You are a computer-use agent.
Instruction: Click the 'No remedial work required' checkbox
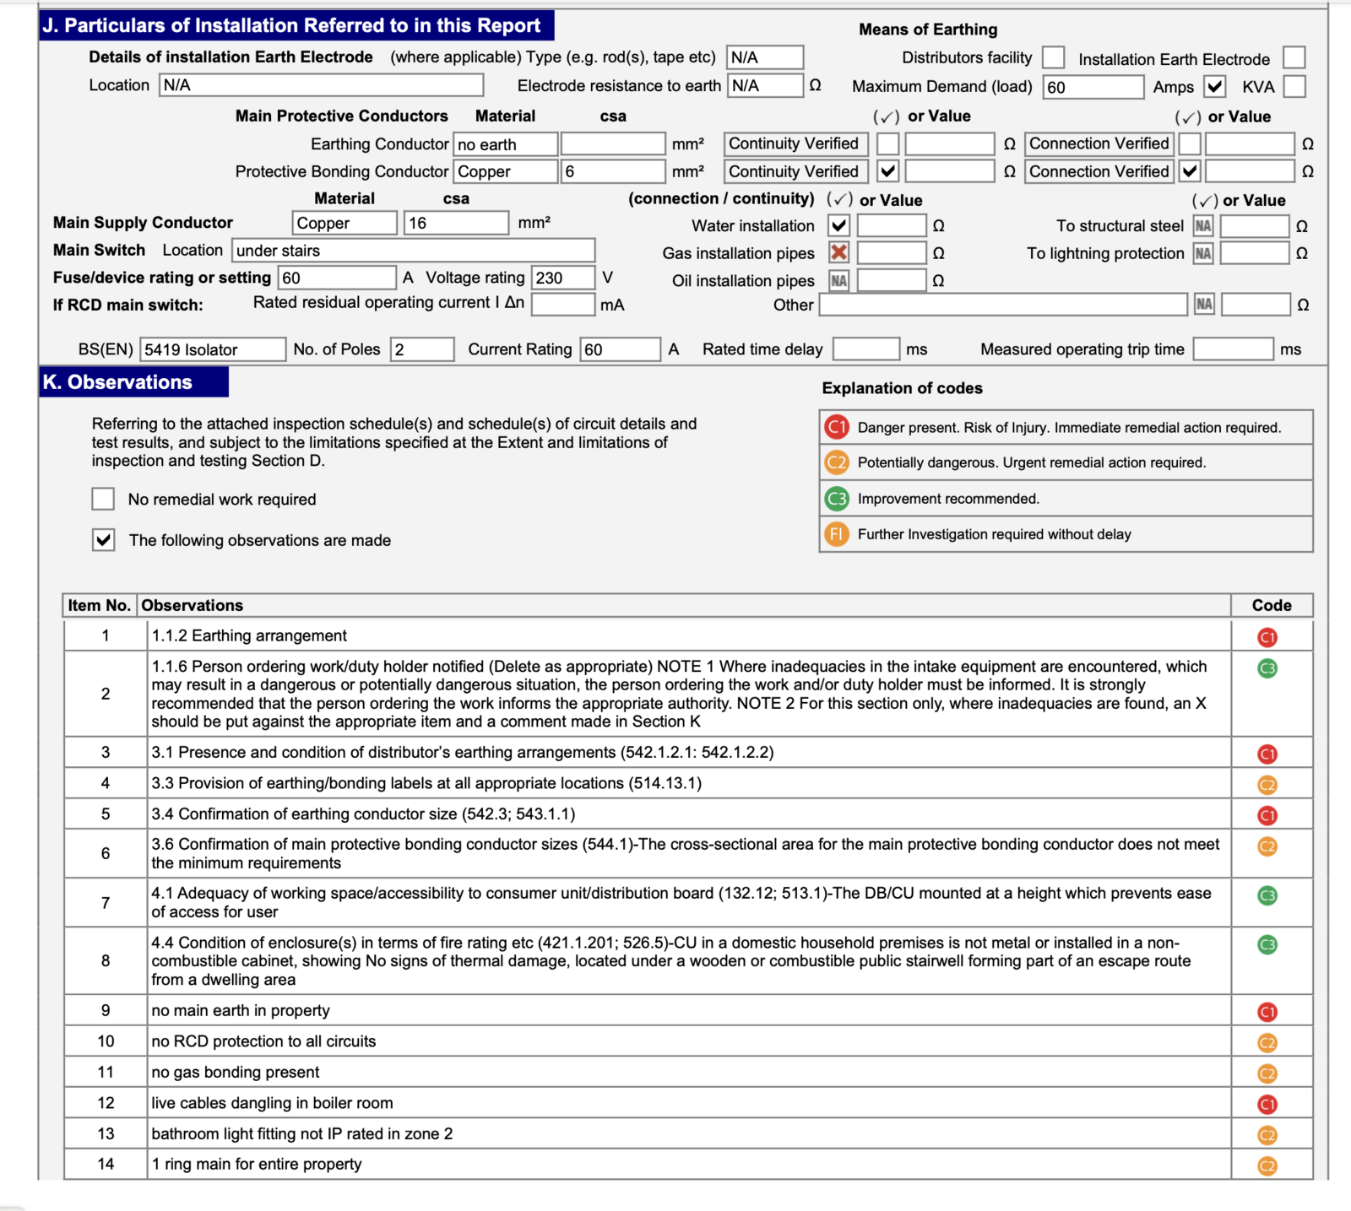103,499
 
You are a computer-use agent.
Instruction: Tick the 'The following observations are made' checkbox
103,540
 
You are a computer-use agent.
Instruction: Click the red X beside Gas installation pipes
838,252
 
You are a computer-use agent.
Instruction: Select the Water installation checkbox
838,225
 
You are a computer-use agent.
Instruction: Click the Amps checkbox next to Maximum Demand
1214,86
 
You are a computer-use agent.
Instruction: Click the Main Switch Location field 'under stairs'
413,251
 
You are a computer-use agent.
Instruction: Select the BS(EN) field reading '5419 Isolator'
213,349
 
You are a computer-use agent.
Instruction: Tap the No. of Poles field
421,349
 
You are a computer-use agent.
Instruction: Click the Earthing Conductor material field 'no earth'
505,144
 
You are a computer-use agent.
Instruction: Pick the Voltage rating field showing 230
562,278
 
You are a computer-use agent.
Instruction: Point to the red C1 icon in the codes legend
836,427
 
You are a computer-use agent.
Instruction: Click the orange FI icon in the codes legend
836,534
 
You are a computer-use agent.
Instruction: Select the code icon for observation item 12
1267,1104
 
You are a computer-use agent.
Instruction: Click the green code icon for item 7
1267,895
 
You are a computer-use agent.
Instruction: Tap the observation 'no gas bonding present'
236,1073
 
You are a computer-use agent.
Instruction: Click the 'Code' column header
1271,605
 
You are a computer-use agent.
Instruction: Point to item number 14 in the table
106,1164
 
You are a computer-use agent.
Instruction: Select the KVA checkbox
1294,86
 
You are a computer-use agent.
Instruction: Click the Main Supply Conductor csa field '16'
455,223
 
